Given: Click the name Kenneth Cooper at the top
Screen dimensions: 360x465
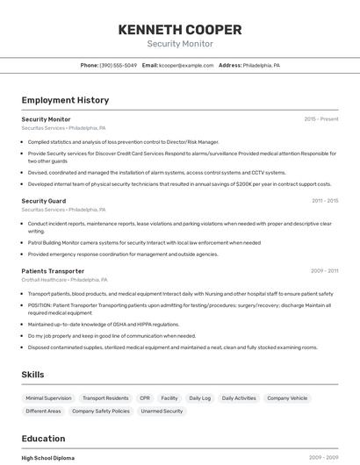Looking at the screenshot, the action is pyautogui.click(x=179, y=30).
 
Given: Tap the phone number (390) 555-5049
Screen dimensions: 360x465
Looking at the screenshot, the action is pyautogui.click(x=119, y=65).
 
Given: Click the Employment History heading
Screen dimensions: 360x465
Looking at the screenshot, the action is pyautogui.click(x=65, y=100).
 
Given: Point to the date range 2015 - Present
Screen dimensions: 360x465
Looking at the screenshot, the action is pyautogui.click(x=320, y=118).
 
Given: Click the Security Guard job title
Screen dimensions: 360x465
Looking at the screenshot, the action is pyautogui.click(x=43, y=201).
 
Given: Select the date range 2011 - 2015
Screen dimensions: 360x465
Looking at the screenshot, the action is pyautogui.click(x=324, y=201).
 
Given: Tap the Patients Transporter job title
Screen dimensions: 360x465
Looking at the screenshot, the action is pyautogui.click(x=53, y=271).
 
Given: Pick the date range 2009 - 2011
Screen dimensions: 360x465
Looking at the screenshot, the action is pyautogui.click(x=324, y=271).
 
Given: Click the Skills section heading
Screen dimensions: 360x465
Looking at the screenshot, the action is pyautogui.click(x=32, y=375).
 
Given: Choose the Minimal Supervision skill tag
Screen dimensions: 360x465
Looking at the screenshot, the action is pyautogui.click(x=48, y=398).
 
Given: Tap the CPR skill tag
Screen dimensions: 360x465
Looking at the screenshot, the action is pyautogui.click(x=145, y=398).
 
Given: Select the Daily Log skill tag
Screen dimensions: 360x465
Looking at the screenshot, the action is pyautogui.click(x=200, y=398).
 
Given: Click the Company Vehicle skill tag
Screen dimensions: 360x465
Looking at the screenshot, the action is pyautogui.click(x=287, y=398).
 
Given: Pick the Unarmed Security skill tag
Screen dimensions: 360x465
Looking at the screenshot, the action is pyautogui.click(x=162, y=411).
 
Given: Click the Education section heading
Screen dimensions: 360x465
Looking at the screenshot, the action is pyautogui.click(x=43, y=439).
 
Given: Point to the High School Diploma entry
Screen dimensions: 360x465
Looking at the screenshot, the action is pyautogui.click(x=48, y=458).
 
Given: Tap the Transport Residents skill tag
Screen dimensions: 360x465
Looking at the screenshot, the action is pyautogui.click(x=105, y=398).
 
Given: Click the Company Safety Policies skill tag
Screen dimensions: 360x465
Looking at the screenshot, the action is pyautogui.click(x=100, y=411).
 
